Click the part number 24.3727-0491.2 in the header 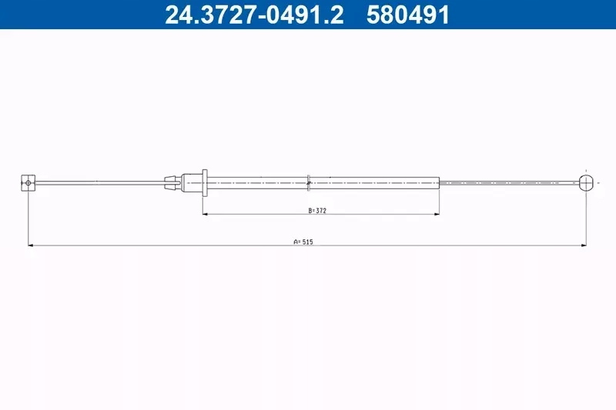pos(254,15)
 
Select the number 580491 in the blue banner pos(407,15)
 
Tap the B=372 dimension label pos(317,211)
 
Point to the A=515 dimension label pos(303,242)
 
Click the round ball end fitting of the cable pos(585,183)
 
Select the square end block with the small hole pos(28,183)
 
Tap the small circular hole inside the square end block pos(28,183)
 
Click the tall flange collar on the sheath pos(205,183)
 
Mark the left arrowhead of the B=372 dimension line pos(205,214)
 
